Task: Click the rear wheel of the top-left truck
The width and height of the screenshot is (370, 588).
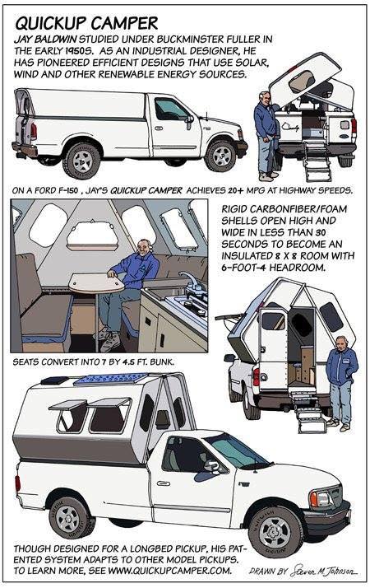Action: point(81,160)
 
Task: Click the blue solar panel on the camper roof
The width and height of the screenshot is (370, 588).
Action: point(111,379)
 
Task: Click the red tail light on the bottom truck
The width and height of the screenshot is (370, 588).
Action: point(17,483)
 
